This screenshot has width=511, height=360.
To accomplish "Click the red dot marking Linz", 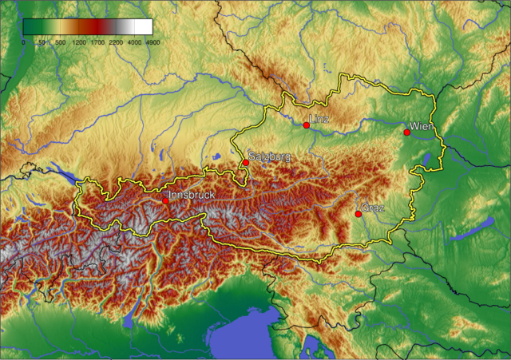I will coord(307,125).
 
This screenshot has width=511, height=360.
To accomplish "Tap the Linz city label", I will coord(319,120).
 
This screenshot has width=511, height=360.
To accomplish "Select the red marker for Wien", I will coord(407,133).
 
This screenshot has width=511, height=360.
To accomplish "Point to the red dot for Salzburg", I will coord(246,162).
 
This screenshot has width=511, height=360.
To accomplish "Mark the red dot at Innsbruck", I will coord(165,201).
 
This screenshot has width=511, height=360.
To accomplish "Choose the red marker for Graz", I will coord(358,214).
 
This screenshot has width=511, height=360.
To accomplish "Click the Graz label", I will coord(373,208).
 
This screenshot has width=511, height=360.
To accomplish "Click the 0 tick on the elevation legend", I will coord(23,42).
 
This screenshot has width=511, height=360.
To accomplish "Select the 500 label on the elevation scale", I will coord(60,42).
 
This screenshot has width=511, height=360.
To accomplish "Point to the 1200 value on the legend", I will coord(79,42).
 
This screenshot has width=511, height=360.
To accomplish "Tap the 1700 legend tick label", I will coord(97,42).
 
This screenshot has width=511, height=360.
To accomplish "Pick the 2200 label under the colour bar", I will coord(116,42).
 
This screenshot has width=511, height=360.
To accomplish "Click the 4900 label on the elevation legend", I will coord(153,42).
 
